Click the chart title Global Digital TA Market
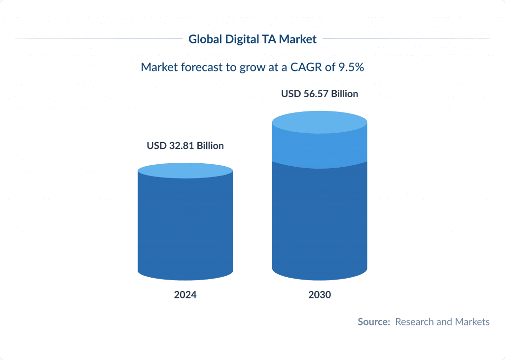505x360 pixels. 252,39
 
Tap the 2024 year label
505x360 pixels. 185,295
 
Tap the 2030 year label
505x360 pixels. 320,295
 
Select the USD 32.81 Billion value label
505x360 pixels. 185,146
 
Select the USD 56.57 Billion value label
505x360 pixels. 320,94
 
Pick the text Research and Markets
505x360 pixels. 442,322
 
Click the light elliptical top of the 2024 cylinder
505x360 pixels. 185,171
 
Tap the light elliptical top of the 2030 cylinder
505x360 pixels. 320,122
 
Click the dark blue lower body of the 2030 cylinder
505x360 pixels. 320,222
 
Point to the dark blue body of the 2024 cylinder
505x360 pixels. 185,227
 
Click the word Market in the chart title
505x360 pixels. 297,39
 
